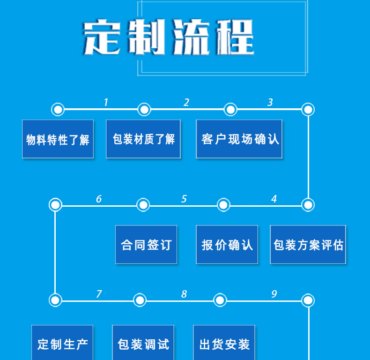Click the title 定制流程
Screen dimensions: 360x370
(169, 37)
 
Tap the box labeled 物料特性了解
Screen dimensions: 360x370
(58, 139)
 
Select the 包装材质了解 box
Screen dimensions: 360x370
(143, 139)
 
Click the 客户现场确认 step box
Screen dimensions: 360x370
(239, 139)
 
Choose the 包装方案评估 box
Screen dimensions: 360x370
(308, 245)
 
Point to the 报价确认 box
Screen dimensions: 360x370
(227, 245)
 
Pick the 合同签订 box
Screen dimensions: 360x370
(146, 245)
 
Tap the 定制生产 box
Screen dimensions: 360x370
(62, 344)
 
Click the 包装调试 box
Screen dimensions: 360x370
(143, 344)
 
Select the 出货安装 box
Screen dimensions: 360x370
(224, 344)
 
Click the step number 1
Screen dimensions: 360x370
(106, 102)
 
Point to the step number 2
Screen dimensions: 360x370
(186, 102)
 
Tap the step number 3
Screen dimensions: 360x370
(270, 102)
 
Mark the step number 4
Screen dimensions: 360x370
(274, 199)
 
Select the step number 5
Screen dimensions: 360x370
(184, 199)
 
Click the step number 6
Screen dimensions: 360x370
(99, 199)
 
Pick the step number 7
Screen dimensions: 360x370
(99, 294)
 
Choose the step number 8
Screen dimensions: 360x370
(184, 294)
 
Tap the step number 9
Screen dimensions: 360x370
(274, 294)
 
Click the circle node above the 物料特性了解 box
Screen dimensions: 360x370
(58, 110)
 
